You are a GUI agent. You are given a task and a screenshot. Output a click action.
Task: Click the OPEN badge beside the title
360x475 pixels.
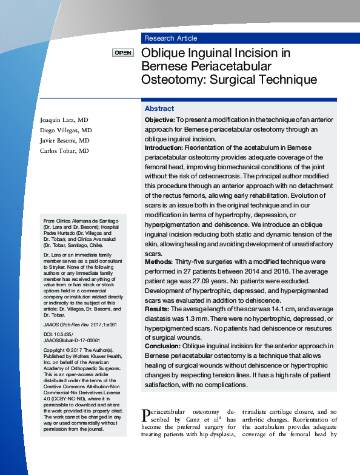tap(122, 53)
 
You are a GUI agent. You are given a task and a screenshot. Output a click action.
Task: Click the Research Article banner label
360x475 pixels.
tap(170, 38)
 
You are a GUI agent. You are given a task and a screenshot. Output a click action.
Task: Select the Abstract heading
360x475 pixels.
tap(159, 109)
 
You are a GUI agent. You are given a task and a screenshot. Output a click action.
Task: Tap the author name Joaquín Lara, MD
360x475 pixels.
tap(64, 120)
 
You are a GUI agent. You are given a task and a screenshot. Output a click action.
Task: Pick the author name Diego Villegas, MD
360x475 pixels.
tap(66, 130)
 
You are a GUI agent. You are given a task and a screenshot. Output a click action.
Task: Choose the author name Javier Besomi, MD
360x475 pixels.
tap(65, 140)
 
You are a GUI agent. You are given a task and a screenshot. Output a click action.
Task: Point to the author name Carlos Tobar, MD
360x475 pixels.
tap(64, 150)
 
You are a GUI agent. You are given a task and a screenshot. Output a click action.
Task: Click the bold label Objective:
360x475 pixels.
tap(160, 120)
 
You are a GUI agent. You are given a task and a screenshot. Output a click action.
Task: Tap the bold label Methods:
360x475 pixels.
tap(159, 261)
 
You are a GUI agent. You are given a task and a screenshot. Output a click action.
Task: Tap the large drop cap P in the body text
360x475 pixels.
tap(145, 416)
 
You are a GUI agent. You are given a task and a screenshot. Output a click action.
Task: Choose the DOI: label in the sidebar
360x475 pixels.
tap(49, 334)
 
